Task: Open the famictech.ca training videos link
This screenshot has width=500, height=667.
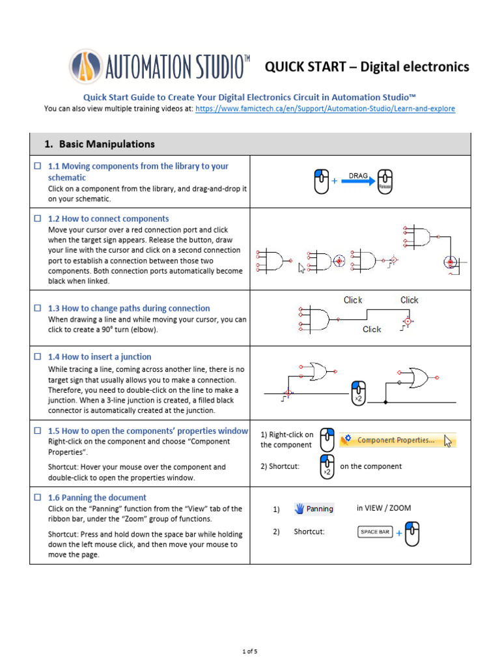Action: click(325, 108)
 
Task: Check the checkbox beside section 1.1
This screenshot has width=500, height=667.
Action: click(38, 167)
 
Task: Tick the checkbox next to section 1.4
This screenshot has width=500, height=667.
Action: click(38, 357)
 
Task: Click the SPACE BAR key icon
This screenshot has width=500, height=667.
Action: click(374, 532)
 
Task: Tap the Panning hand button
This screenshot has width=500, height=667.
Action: click(314, 509)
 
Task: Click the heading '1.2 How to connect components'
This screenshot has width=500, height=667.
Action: click(108, 219)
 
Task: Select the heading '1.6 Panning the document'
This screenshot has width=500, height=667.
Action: click(97, 498)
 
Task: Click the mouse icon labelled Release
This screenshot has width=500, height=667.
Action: click(385, 182)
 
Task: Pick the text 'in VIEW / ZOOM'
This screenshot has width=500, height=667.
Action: click(383, 508)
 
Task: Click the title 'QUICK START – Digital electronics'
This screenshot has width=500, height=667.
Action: click(366, 66)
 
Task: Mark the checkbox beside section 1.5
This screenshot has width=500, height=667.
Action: click(38, 431)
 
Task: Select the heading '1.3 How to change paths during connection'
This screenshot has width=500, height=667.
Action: click(129, 309)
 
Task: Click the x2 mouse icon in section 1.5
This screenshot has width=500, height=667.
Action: click(327, 466)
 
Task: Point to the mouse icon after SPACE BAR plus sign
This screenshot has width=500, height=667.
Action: click(411, 533)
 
